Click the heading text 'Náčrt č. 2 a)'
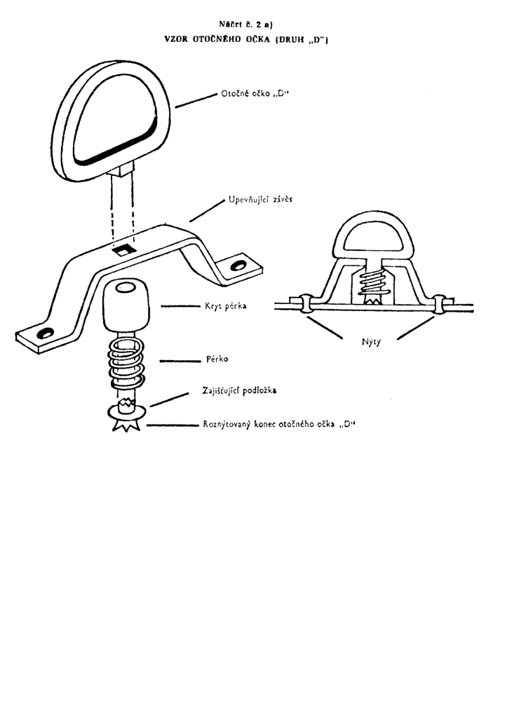[246, 25]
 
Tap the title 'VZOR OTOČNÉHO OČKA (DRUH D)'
[246, 40]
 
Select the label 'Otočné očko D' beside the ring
[256, 94]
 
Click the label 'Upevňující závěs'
[260, 200]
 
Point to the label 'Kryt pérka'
[226, 306]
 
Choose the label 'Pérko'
[217, 359]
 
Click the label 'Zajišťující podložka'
[239, 390]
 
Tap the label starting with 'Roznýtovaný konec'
[279, 425]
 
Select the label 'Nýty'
[370, 342]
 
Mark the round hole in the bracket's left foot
[46, 333]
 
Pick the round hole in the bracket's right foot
[238, 266]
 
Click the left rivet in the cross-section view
[306, 304]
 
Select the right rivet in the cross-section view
[440, 305]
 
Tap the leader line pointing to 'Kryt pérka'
[181, 306]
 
